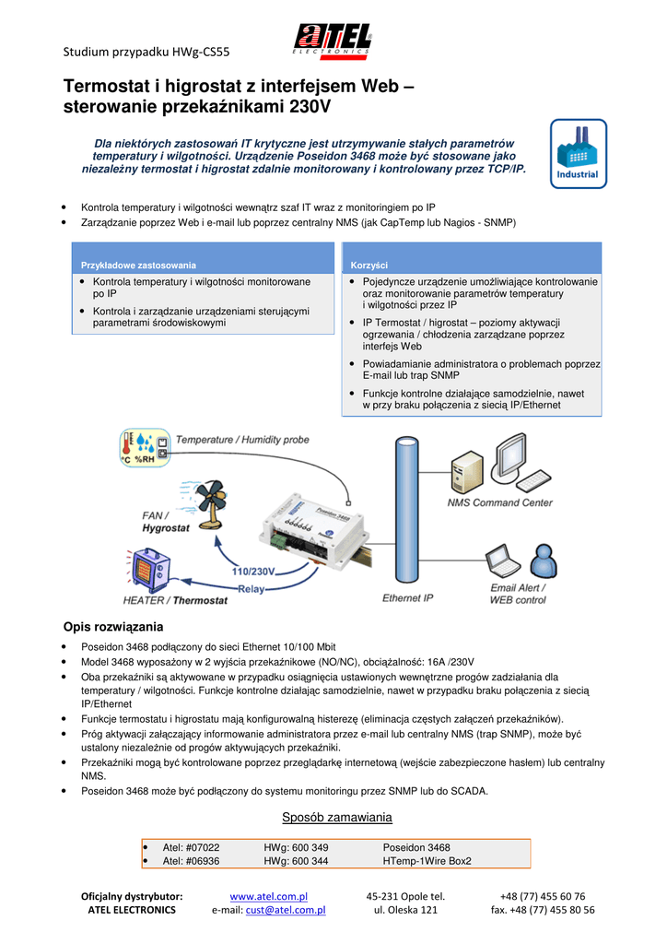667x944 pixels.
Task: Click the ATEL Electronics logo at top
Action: coord(333,41)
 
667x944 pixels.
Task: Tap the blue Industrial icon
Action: coord(578,153)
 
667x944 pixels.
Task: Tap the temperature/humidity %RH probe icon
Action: coord(144,448)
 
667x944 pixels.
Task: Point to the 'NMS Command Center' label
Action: coord(499,503)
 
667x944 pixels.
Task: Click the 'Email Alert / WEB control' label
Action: coord(518,594)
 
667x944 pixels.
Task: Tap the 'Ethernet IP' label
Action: coord(407,598)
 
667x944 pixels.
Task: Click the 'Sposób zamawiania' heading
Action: coord(336,818)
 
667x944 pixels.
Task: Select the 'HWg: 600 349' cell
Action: coord(296,847)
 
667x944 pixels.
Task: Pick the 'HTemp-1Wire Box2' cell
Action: coord(427,861)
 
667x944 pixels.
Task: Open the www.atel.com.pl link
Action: coord(268,896)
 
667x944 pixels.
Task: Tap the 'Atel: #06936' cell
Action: coord(192,861)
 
